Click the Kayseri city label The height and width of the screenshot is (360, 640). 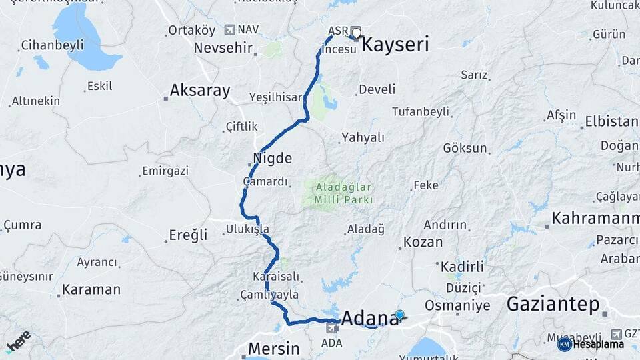pyautogui.click(x=395, y=45)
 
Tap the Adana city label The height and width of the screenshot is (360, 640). pyautogui.click(x=369, y=319)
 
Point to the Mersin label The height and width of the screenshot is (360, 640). pyautogui.click(x=273, y=347)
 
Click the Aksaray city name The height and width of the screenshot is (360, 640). pyautogui.click(x=200, y=91)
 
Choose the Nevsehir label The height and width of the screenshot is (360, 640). pyautogui.click(x=223, y=48)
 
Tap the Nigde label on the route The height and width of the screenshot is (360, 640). pyautogui.click(x=273, y=159)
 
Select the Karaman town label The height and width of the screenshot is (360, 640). pyautogui.click(x=91, y=290)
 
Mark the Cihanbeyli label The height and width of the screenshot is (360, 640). pyautogui.click(x=52, y=45)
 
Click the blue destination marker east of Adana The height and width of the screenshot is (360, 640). pyautogui.click(x=399, y=315)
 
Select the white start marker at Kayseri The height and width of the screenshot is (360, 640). pyautogui.click(x=356, y=32)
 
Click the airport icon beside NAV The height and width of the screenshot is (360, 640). pyautogui.click(x=230, y=29)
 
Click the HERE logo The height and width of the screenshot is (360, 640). pyautogui.click(x=18, y=341)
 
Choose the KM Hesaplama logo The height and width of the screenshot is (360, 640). pyautogui.click(x=591, y=344)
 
